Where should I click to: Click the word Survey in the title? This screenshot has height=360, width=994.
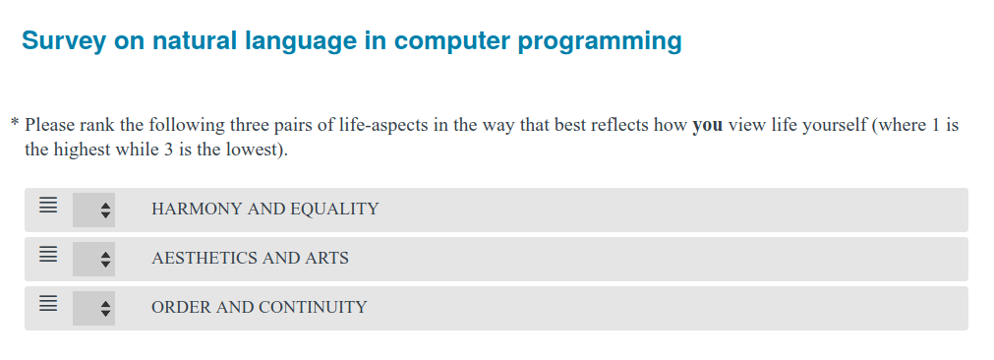63,41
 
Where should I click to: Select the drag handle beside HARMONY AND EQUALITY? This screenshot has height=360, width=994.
48,206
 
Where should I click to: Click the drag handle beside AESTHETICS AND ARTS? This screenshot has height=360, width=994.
48,255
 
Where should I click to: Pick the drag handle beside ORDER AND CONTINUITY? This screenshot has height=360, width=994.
48,304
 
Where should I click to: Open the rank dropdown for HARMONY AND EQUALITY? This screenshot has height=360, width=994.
93,210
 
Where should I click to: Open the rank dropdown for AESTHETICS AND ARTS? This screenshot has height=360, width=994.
93,259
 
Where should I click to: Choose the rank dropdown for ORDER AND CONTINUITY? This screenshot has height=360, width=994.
93,308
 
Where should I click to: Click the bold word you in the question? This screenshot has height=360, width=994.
708,126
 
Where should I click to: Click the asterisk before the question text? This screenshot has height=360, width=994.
15,122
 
